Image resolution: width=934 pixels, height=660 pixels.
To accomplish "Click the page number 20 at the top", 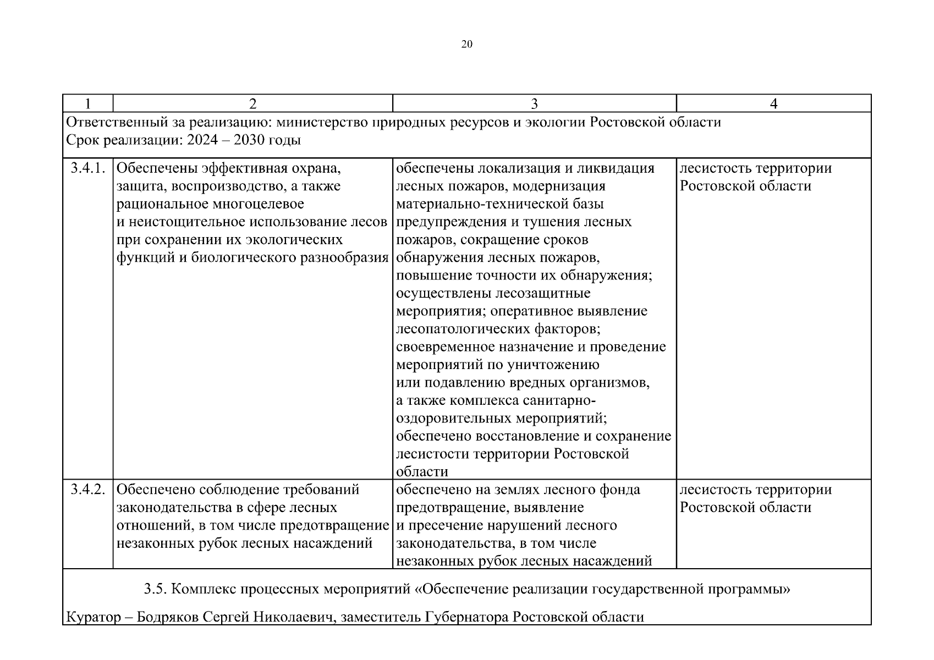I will pos(466,45).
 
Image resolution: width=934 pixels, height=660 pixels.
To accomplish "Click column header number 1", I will pos(87,103).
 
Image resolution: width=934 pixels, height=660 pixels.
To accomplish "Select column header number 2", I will pos(252,103).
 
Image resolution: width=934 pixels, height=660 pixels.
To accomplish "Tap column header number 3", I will pos(534,103).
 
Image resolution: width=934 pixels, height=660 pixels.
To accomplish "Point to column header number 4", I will pos(773,103).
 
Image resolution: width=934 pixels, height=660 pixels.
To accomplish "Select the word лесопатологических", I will pos(464,329).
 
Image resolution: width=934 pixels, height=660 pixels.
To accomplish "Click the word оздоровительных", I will pos(454,418).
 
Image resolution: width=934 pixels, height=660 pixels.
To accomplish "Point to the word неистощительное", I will pos(186,222).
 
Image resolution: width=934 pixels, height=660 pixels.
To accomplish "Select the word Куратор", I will pos(92,617).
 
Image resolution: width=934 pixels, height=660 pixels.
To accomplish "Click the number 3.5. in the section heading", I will pos(155,589).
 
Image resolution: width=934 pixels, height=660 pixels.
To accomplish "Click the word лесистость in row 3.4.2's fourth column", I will pos(715,489).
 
